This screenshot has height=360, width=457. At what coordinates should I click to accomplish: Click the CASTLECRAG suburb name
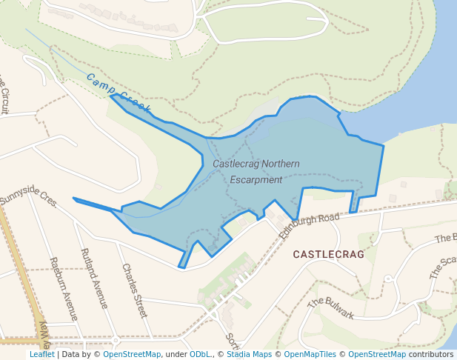[x=329, y=254]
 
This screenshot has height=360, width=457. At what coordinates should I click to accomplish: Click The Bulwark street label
[x=330, y=309]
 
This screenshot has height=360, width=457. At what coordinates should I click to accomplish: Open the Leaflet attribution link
[x=42, y=354]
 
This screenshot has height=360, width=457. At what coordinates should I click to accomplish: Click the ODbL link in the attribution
[x=201, y=354]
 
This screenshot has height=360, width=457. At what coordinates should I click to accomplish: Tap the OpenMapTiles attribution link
[x=310, y=354]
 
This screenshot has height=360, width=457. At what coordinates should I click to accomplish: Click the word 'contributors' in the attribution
[x=431, y=354]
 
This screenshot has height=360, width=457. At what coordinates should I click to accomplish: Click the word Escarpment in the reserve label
[x=256, y=179]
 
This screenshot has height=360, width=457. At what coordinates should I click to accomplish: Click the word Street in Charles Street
[x=139, y=300]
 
